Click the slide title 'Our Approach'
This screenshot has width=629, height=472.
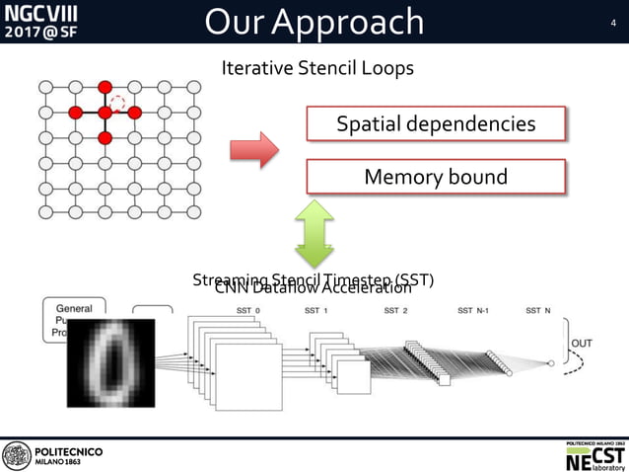tap(314, 22)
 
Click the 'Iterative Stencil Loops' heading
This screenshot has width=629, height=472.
tap(317, 68)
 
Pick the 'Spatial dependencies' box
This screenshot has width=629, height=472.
tap(436, 124)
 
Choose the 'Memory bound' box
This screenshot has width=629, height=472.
tap(436, 177)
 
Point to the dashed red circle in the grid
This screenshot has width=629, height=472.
tap(118, 102)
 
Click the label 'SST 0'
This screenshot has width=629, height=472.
tap(248, 310)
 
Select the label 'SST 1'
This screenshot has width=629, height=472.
tap(318, 310)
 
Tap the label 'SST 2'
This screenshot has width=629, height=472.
tap(396, 310)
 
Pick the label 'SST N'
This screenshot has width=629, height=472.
tap(538, 310)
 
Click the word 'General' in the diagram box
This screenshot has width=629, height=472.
tap(74, 308)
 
